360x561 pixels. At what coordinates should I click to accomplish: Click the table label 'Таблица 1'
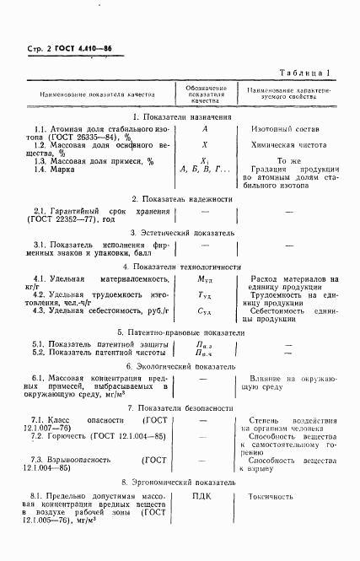tap(309, 73)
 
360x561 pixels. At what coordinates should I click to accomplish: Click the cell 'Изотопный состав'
tap(290, 129)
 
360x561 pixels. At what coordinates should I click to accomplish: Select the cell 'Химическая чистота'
tap(290, 145)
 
